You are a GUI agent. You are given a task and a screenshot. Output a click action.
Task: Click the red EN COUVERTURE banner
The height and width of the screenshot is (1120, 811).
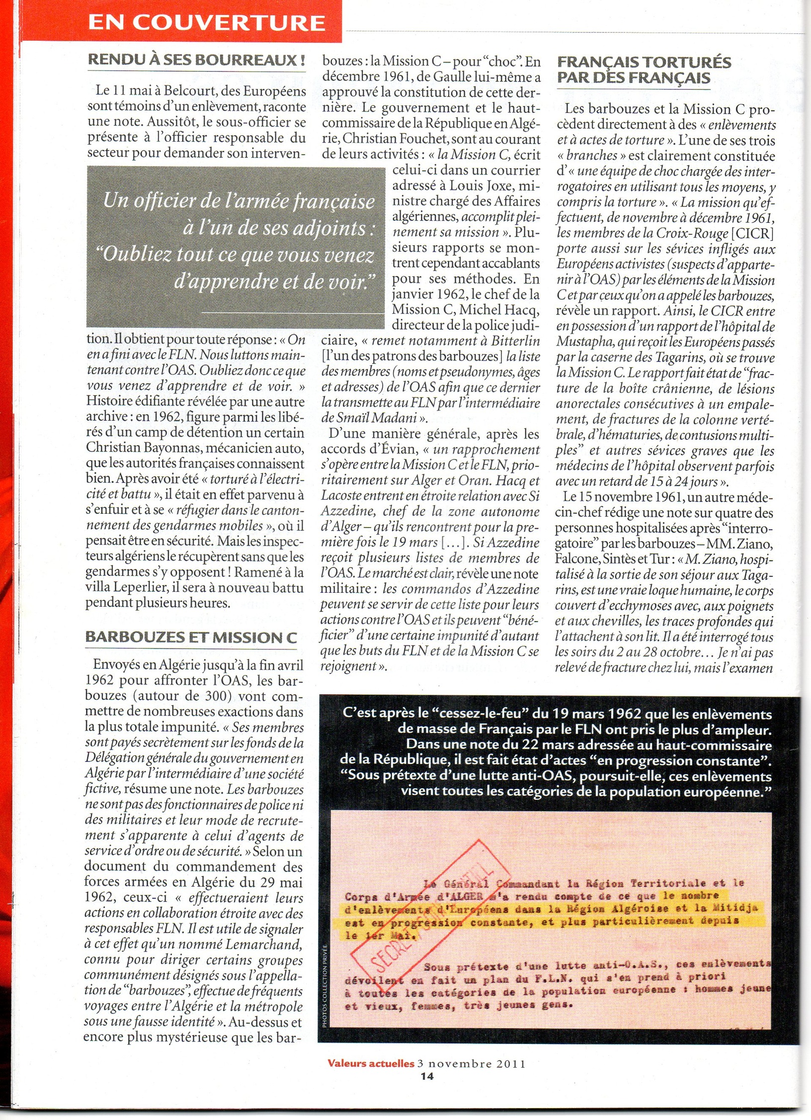point(206,22)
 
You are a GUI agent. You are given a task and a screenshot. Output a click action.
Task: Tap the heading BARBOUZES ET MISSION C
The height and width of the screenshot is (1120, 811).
point(191,638)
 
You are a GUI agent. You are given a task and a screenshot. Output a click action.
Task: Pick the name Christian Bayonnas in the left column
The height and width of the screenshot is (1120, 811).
point(145,448)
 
